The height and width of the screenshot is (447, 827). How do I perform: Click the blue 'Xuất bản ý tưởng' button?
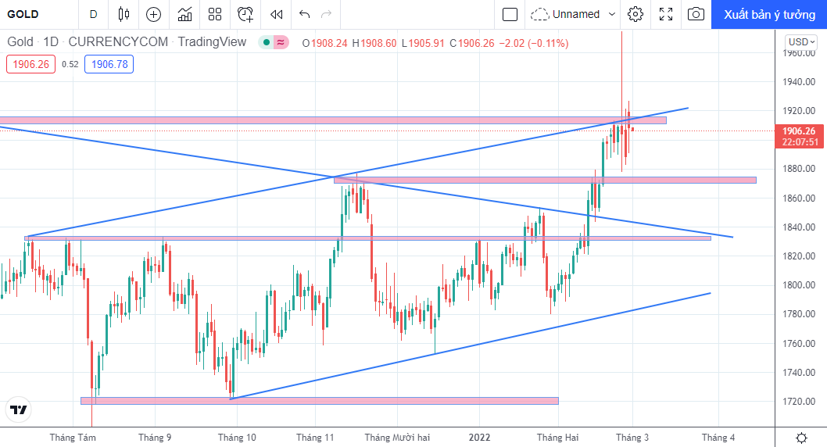pyautogui.click(x=769, y=14)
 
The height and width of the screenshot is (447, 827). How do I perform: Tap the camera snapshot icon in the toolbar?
pyautogui.click(x=696, y=14)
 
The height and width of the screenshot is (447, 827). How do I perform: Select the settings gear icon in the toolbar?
pyautogui.click(x=635, y=14)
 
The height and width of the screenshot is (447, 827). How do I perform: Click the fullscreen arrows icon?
pyautogui.click(x=666, y=14)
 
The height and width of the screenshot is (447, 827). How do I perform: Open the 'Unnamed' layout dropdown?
pyautogui.click(x=573, y=14)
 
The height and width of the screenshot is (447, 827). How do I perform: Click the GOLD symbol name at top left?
pyautogui.click(x=23, y=14)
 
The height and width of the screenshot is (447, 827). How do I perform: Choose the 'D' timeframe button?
pyautogui.click(x=93, y=14)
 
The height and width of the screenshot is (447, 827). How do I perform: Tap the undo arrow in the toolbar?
pyautogui.click(x=304, y=14)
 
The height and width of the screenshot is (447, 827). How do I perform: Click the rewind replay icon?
pyautogui.click(x=277, y=14)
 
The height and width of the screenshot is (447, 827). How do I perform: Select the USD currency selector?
pyautogui.click(x=800, y=42)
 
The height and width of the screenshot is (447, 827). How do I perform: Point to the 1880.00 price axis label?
pyautogui.click(x=799, y=169)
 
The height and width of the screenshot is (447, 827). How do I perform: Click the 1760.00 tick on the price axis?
pyautogui.click(x=799, y=343)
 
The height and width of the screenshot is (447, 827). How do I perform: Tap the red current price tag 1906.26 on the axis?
pyautogui.click(x=799, y=136)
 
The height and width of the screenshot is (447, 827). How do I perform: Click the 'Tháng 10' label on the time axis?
pyautogui.click(x=237, y=438)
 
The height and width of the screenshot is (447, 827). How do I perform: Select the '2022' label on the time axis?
pyautogui.click(x=479, y=438)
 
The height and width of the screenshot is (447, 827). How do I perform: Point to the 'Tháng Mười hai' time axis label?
pyautogui.click(x=397, y=438)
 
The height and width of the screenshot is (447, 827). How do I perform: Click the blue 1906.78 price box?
pyautogui.click(x=109, y=64)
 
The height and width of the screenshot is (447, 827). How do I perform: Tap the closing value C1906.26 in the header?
pyautogui.click(x=472, y=43)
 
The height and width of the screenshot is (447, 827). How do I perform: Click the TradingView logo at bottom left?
pyautogui.click(x=19, y=409)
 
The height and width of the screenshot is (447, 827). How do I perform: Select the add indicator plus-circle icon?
pyautogui.click(x=153, y=14)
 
